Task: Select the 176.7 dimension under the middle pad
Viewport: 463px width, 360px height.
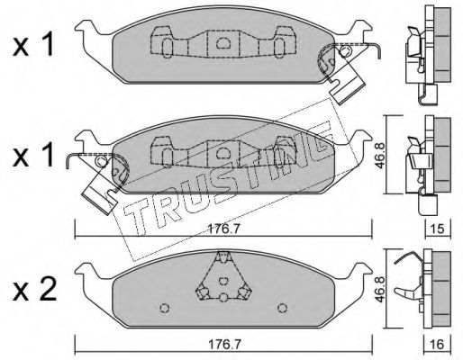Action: click(x=223, y=229)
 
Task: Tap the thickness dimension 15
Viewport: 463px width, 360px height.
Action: click(x=438, y=229)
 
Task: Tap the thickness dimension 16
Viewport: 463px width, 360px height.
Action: click(x=438, y=345)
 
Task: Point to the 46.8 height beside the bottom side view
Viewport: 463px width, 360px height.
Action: click(x=380, y=288)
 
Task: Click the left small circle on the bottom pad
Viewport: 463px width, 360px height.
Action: click(x=165, y=308)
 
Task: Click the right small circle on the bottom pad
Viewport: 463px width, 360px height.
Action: click(x=282, y=308)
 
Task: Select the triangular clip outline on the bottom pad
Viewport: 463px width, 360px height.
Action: click(x=223, y=275)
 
